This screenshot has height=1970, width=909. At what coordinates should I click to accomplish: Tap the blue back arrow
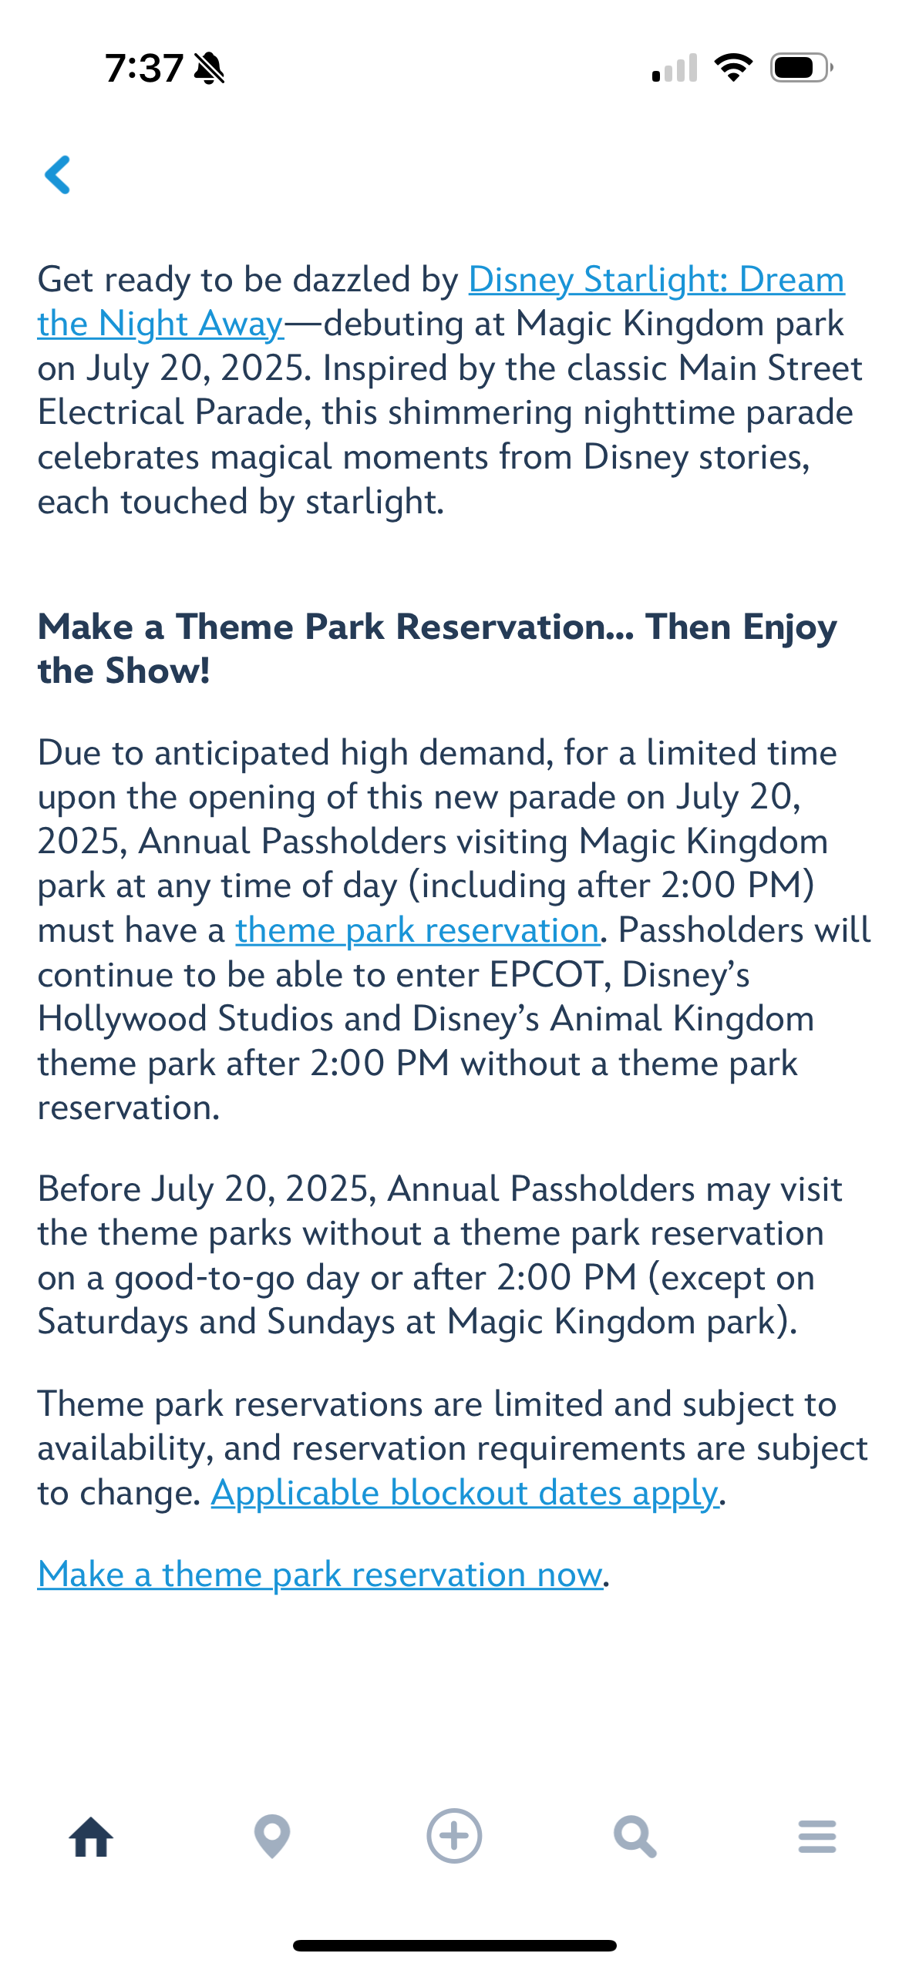[58, 175]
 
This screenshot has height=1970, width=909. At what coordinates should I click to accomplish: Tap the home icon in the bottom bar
[91, 1837]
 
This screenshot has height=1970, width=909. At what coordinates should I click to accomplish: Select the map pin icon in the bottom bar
[272, 1837]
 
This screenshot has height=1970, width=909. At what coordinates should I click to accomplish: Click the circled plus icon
[454, 1836]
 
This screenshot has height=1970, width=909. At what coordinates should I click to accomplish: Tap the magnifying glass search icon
[635, 1837]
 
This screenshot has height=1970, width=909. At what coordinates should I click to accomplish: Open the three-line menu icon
[817, 1837]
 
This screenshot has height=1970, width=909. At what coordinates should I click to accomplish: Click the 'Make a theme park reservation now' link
[320, 1575]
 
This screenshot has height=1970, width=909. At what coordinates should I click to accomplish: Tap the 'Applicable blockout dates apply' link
[465, 1494]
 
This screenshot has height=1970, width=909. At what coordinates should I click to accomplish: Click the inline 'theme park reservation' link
[417, 931]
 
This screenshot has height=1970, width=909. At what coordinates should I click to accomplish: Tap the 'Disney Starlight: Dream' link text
[657, 280]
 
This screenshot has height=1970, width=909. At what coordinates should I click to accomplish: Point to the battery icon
[802, 68]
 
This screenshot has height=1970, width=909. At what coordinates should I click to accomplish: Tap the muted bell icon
[209, 68]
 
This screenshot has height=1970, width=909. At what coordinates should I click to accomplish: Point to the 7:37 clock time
[144, 68]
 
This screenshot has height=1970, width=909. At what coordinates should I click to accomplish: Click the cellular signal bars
[675, 68]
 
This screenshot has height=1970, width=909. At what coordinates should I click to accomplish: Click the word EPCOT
[546, 975]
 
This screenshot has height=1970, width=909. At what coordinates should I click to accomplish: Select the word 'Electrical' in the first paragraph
[111, 412]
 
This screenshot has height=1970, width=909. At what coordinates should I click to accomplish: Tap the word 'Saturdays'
[113, 1323]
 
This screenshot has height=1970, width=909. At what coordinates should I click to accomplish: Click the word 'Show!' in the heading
[157, 671]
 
